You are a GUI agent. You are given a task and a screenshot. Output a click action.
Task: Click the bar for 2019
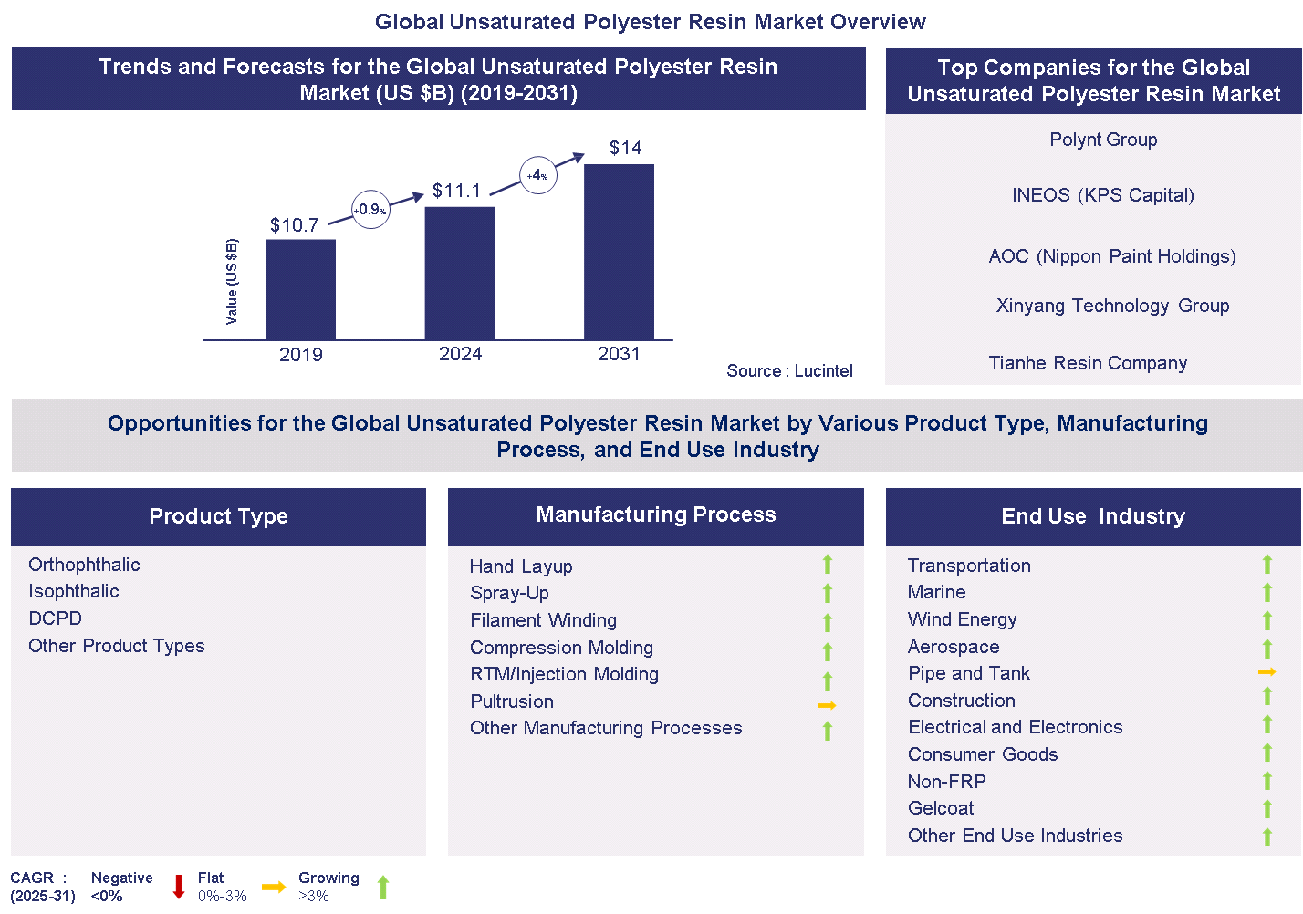(300, 289)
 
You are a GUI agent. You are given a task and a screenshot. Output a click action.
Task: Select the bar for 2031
(619, 252)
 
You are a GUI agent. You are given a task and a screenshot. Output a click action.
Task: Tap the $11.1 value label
(456, 191)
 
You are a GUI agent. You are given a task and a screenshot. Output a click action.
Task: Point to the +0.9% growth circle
(370, 209)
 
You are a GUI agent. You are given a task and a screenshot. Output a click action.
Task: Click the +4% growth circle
(538, 175)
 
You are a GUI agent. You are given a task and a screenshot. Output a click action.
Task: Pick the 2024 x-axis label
(460, 354)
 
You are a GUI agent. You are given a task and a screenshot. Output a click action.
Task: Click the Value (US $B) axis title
(232, 281)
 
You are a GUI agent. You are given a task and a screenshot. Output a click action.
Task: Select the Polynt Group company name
(1103, 140)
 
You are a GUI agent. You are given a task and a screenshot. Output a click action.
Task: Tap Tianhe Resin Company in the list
(1088, 363)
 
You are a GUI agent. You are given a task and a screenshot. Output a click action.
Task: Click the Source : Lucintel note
(789, 370)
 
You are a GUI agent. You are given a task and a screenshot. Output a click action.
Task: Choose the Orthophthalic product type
(84, 565)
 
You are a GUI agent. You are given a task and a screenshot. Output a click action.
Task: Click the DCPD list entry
(55, 618)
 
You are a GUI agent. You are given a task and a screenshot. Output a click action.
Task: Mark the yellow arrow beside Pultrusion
(827, 705)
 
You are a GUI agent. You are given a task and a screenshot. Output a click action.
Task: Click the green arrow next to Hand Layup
(828, 565)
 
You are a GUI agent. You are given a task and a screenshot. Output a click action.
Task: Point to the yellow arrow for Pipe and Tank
(1267, 672)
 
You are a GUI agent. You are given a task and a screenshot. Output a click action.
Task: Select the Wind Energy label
(962, 619)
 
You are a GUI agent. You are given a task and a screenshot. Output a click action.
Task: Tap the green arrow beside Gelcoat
(1267, 809)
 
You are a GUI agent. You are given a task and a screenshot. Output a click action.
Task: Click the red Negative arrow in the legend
(179, 887)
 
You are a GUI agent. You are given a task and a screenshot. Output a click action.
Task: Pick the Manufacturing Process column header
(655, 514)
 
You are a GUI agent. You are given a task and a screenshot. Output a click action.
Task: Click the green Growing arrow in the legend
(383, 887)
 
